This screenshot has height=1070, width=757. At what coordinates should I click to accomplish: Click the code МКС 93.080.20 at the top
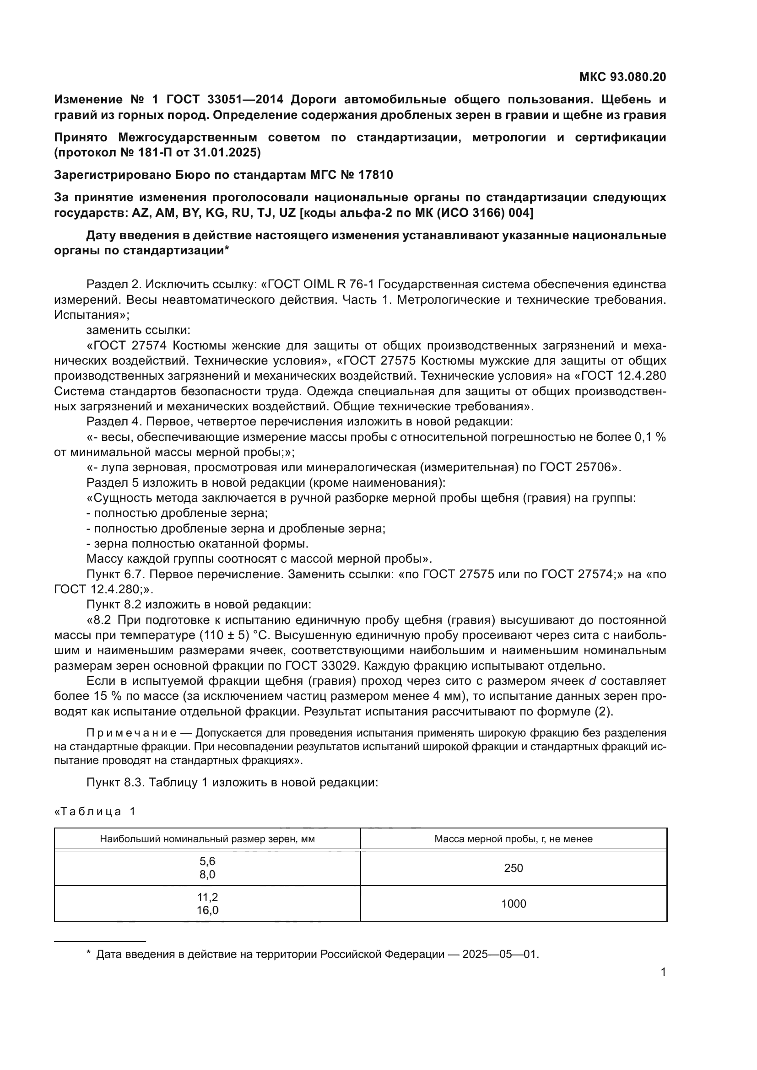[622, 77]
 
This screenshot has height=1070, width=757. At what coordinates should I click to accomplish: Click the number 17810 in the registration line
[376, 175]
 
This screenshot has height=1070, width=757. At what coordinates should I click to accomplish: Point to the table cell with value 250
[513, 868]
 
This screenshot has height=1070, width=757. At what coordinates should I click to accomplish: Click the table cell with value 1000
[513, 903]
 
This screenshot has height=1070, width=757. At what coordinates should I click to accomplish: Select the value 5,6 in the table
[207, 861]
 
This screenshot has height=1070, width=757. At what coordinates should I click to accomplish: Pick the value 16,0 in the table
[207, 910]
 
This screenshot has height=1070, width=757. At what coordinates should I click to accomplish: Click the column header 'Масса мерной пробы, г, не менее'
[513, 839]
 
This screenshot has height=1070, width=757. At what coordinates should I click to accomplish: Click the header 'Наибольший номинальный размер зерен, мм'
[207, 839]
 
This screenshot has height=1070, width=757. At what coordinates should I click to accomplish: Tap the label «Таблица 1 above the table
[95, 812]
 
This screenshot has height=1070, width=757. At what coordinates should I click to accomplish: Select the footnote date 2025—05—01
[499, 954]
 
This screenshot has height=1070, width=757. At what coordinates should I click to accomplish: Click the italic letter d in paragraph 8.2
[592, 681]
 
